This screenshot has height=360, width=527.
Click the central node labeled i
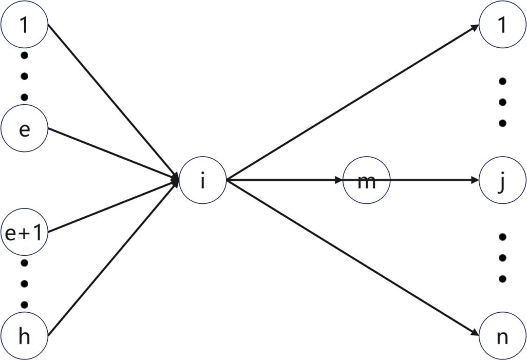coord(203,180)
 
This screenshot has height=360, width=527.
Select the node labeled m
coord(366,180)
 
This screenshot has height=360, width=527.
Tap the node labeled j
coord(502,180)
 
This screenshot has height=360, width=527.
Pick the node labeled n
coord(502,337)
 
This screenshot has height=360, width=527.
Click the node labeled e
coord(24,129)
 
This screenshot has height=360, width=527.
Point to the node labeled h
coord(24,337)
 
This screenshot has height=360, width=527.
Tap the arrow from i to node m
coord(283,180)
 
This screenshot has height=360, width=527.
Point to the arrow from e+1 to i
coord(113,205)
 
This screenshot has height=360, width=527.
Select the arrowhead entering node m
coord(338,180)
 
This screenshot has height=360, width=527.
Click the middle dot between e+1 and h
coord(24,283)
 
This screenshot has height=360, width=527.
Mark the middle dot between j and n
coord(502,258)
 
